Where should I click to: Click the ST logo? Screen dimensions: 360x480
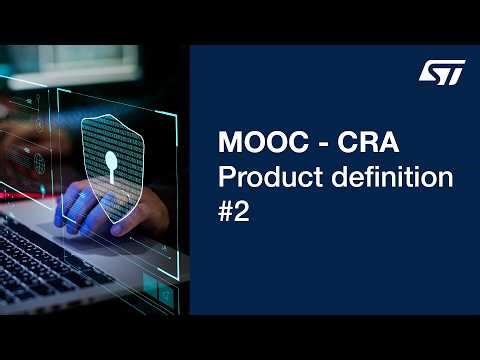tap(440, 72)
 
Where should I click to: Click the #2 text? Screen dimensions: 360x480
tap(235, 214)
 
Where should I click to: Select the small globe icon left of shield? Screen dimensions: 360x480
tap(39, 160)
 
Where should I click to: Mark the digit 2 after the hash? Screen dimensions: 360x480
tap(244, 214)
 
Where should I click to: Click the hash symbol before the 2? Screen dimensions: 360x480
tap(226, 214)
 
